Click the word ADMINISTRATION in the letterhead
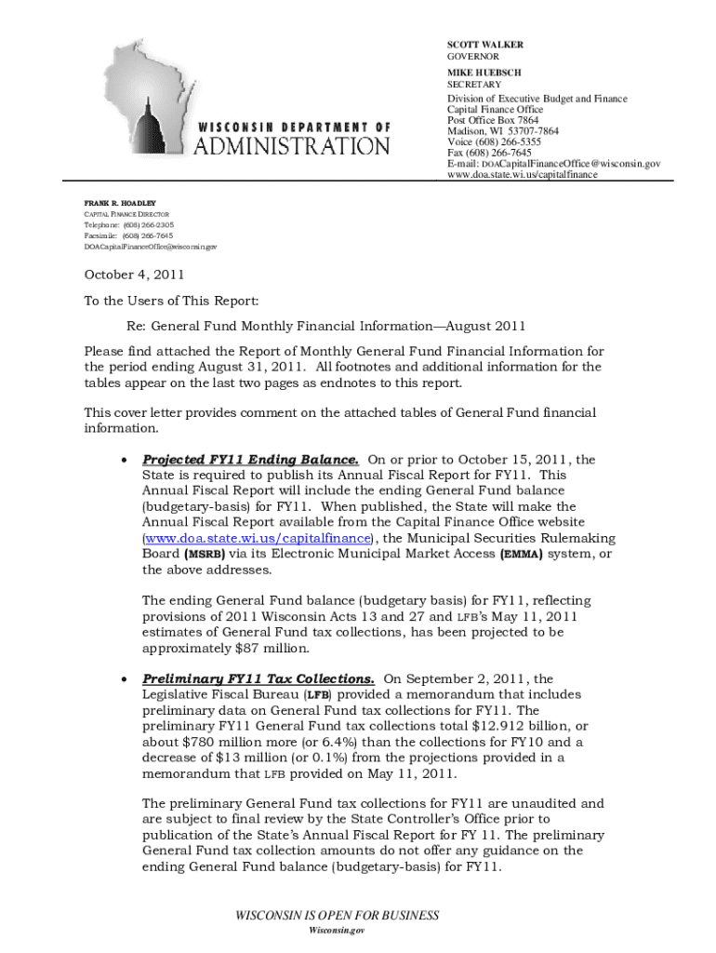pos(292,145)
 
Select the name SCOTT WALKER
pos(485,45)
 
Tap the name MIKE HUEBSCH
pos(484,73)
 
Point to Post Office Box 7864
pos(493,121)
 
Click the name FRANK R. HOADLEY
pos(120,203)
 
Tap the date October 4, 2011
pos(135,275)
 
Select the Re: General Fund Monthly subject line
pos(326,326)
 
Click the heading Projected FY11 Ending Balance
pos(250,460)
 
